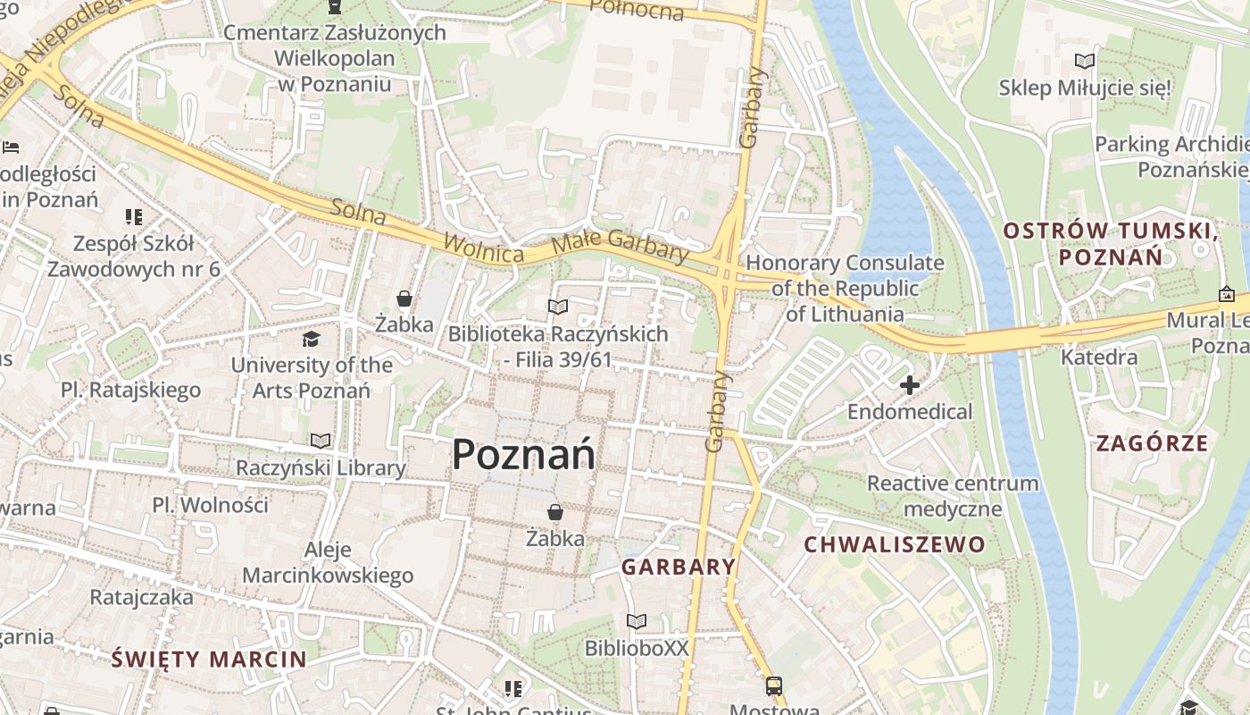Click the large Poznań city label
523,455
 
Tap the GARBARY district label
679,567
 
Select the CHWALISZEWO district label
895,544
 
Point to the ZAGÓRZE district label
1152,443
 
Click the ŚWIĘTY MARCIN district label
209,660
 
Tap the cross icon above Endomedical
909,385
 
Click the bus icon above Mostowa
773,686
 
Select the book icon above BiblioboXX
637,621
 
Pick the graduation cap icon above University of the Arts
311,339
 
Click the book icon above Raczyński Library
321,441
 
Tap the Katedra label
1099,357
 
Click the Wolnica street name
483,248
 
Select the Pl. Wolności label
210,505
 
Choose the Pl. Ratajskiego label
130,390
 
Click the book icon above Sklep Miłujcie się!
1085,62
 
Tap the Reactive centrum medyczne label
953,496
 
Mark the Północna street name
637,9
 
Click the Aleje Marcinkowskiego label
328,562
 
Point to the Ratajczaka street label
141,596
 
